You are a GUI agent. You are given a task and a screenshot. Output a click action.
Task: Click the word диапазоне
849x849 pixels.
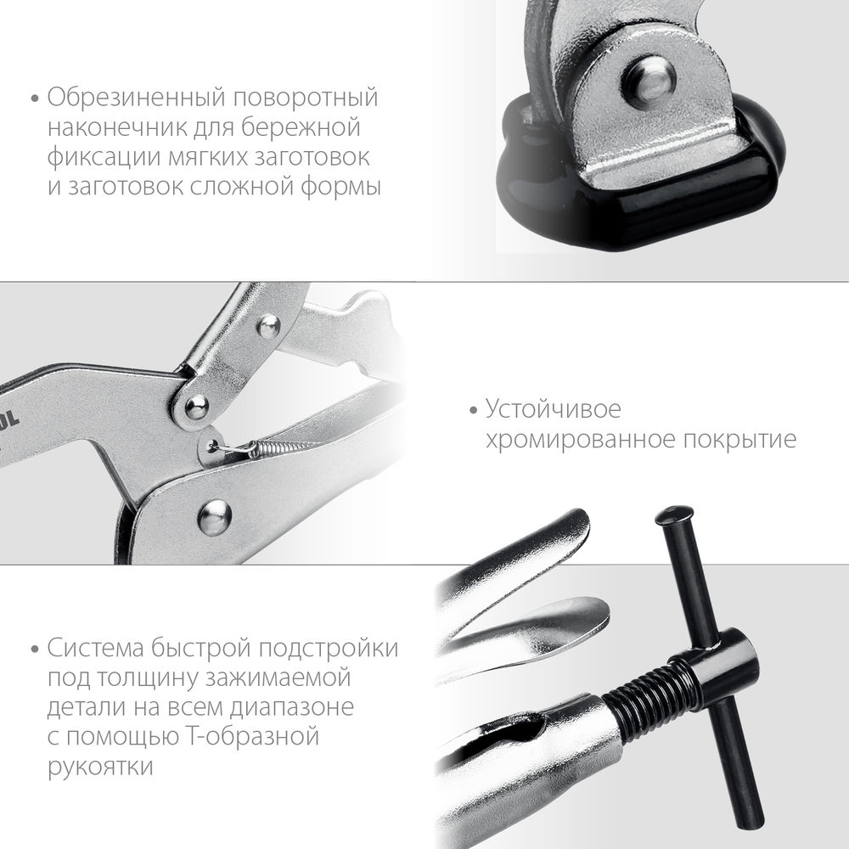coord(280,708)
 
